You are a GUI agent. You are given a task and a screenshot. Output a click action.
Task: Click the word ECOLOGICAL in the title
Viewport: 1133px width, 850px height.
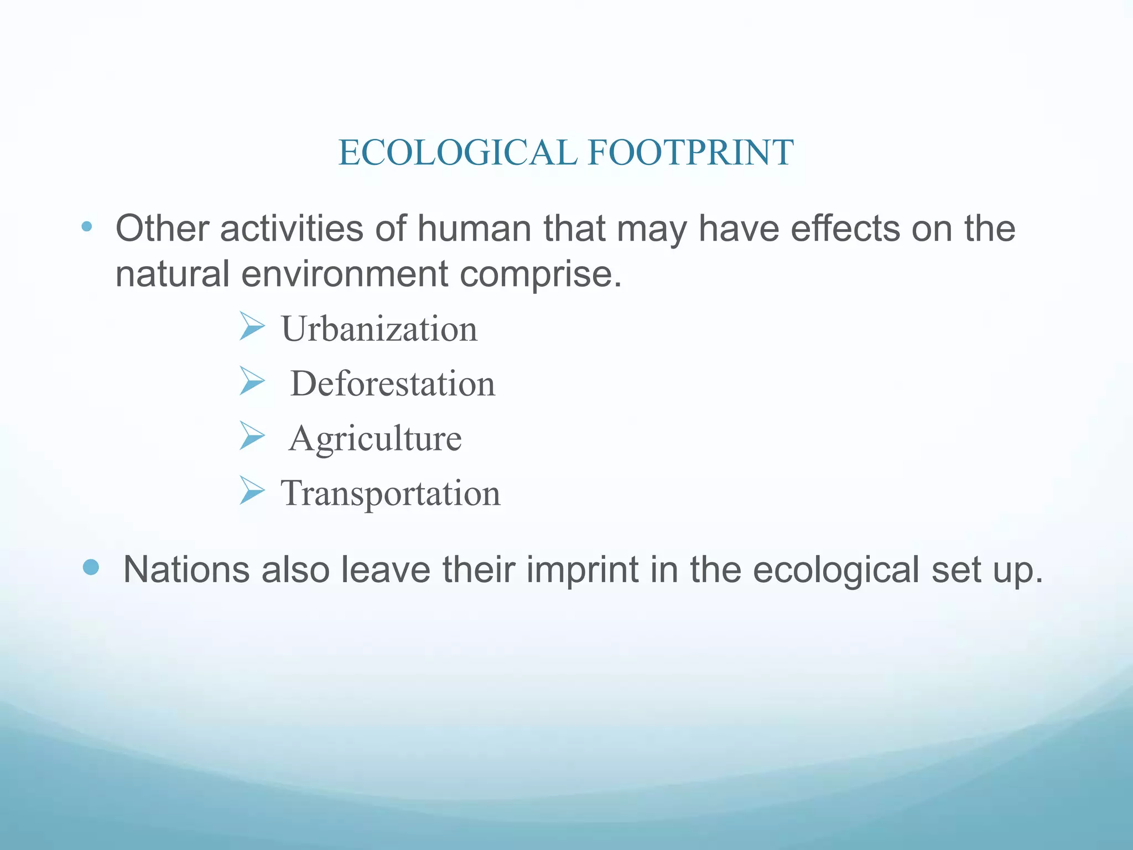pyautogui.click(x=458, y=153)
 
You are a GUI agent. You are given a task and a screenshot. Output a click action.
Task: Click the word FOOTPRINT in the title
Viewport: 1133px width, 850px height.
pyautogui.click(x=690, y=153)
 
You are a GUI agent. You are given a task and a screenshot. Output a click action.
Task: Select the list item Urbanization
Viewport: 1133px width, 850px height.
pyautogui.click(x=379, y=329)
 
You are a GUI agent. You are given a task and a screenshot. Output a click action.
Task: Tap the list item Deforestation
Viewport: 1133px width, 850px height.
pyautogui.click(x=392, y=383)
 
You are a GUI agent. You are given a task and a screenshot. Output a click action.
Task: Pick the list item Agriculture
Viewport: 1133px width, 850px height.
pyautogui.click(x=375, y=438)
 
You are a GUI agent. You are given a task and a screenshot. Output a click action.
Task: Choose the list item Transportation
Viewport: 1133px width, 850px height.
pyautogui.click(x=391, y=493)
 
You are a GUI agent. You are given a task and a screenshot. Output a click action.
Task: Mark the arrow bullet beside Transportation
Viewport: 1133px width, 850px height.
pyautogui.click(x=252, y=490)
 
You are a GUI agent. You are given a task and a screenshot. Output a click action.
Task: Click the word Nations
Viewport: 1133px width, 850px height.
pyautogui.click(x=186, y=569)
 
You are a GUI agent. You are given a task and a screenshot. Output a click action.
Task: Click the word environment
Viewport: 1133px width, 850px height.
pyautogui.click(x=344, y=273)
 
